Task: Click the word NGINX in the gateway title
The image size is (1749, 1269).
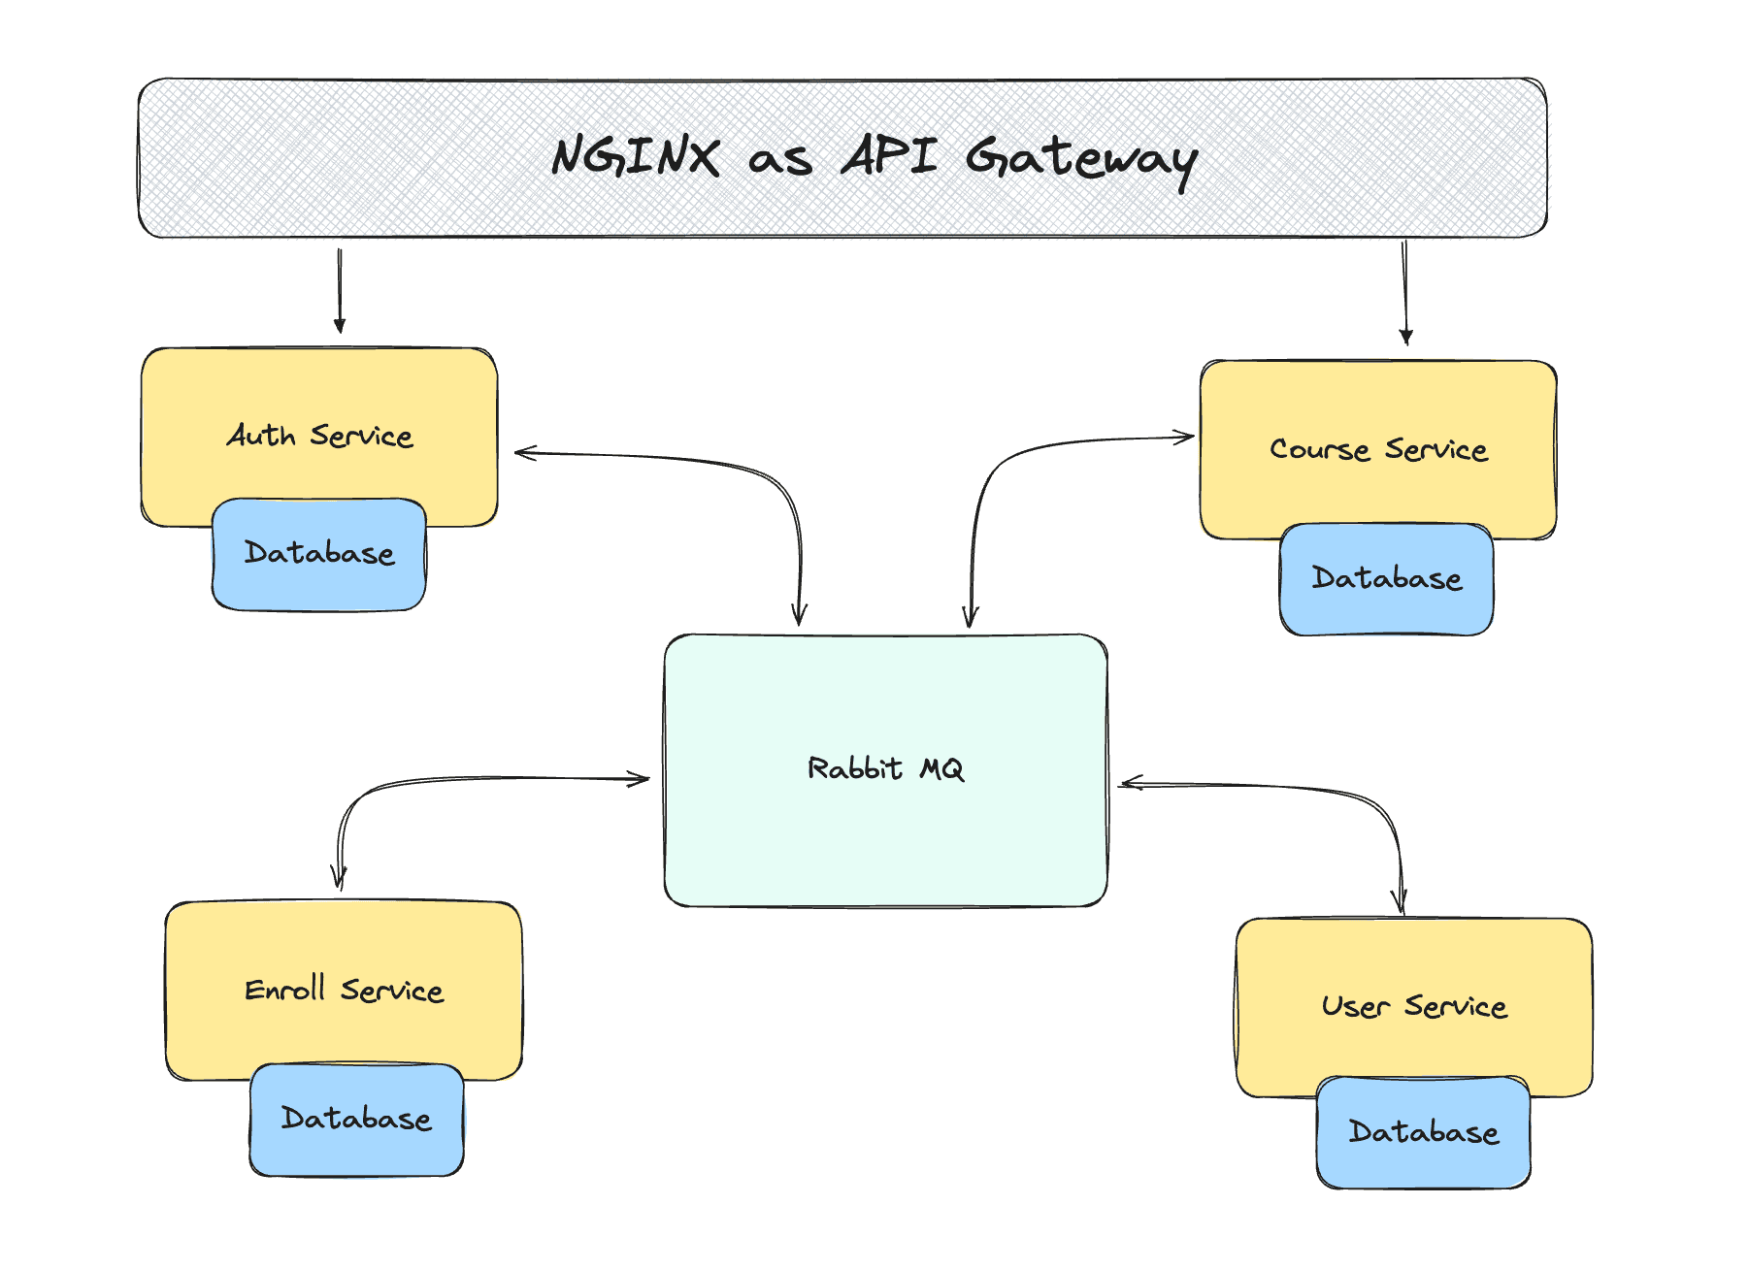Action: [x=636, y=156]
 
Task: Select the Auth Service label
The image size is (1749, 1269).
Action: [x=320, y=436]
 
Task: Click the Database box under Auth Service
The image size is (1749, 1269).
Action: [x=319, y=554]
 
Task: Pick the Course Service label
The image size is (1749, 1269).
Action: [x=1378, y=449]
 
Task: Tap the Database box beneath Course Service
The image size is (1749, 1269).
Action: [x=1386, y=579]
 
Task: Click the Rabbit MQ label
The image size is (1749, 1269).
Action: [x=885, y=769]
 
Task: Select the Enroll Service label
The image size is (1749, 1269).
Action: [x=344, y=991]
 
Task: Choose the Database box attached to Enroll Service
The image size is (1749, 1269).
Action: [x=356, y=1120]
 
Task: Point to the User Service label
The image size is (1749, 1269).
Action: [x=1414, y=1006]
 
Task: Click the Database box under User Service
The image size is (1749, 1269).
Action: [x=1423, y=1132]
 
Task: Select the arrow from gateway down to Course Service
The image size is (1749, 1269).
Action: [x=1404, y=291]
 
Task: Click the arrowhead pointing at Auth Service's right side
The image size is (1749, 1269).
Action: [x=524, y=452]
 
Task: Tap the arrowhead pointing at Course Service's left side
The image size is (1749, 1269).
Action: [x=1185, y=438]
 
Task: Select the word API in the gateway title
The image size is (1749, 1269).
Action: [x=889, y=155]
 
